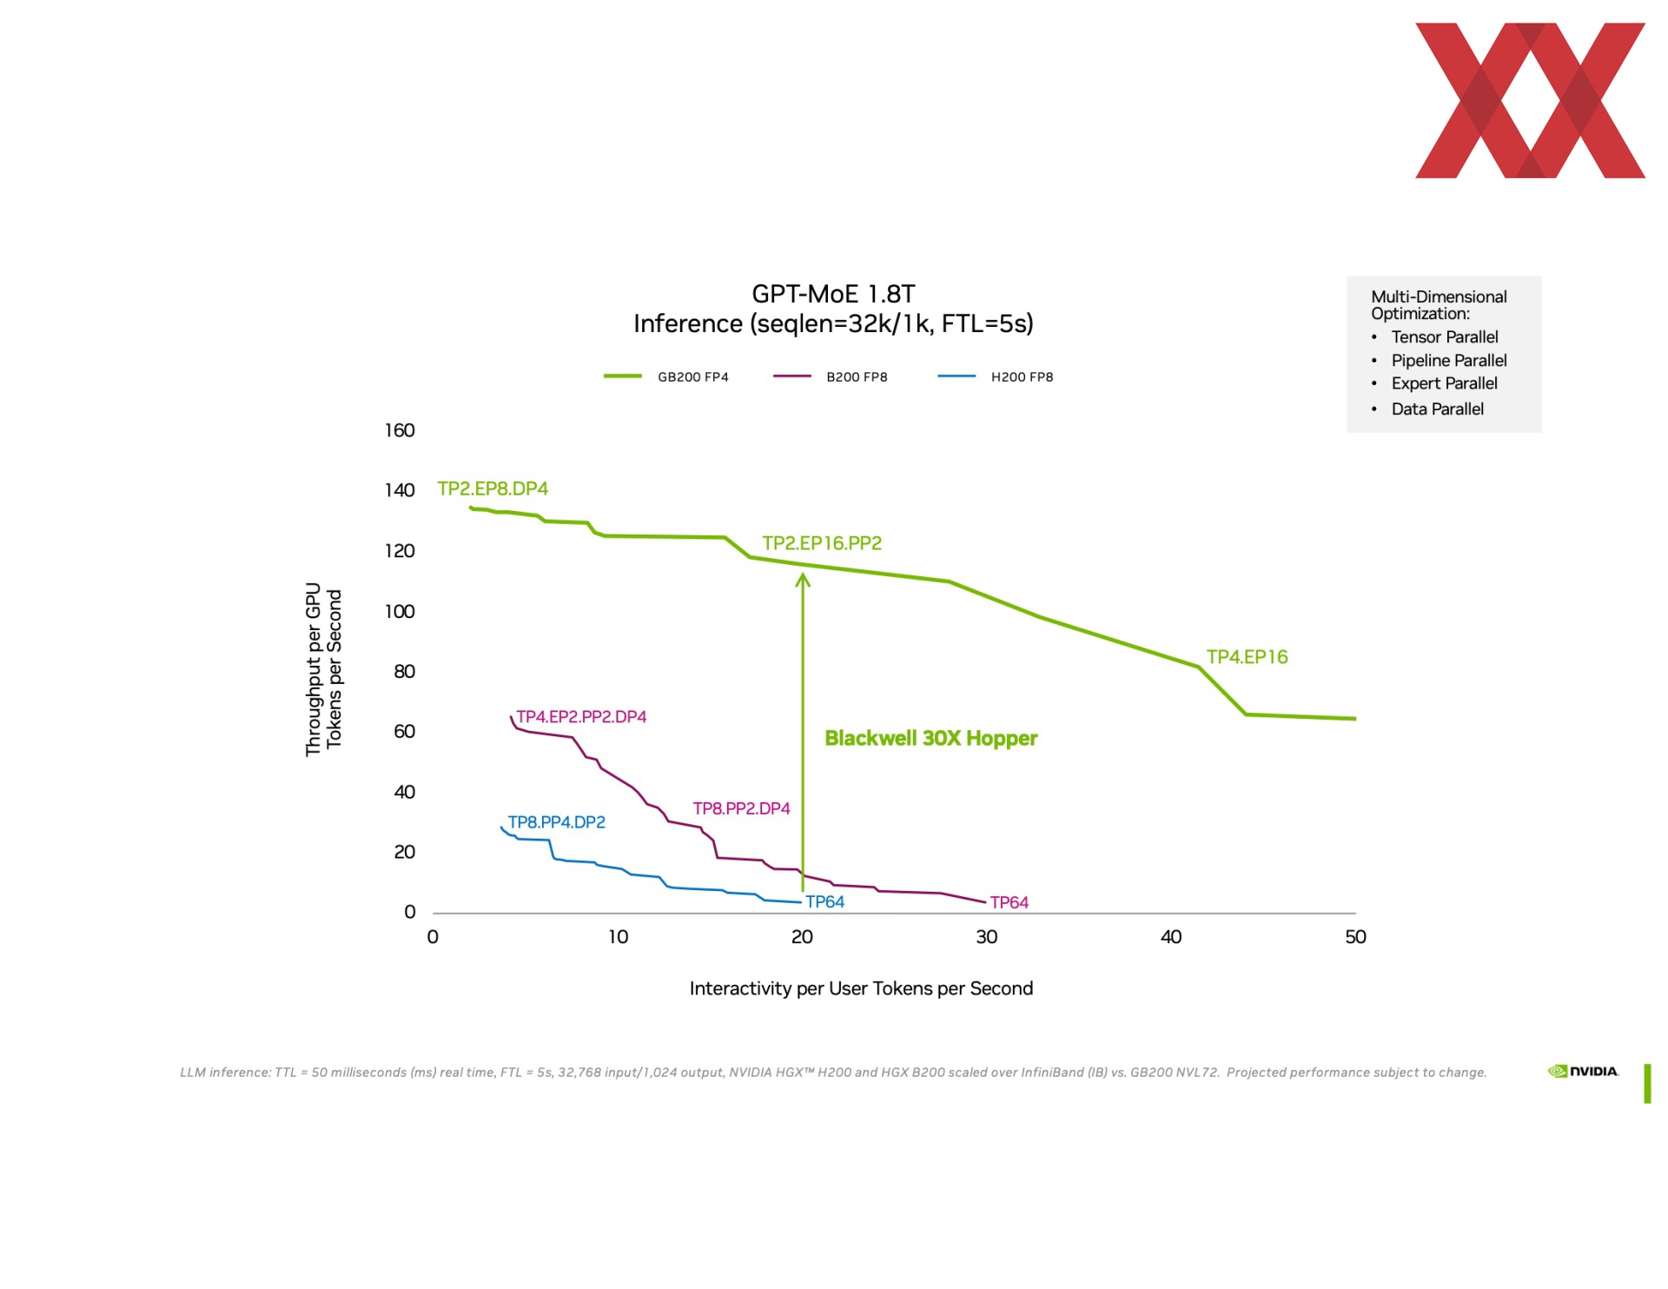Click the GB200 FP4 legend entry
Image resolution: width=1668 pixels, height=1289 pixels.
click(x=666, y=377)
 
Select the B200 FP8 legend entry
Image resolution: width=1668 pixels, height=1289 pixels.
click(x=831, y=377)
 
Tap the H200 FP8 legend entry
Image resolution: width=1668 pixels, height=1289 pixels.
click(x=996, y=377)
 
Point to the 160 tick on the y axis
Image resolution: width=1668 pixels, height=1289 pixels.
click(x=400, y=430)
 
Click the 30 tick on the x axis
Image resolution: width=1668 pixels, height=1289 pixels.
click(x=986, y=937)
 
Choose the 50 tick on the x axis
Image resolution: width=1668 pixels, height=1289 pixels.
click(x=1355, y=937)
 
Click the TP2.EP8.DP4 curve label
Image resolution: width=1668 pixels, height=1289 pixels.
click(x=493, y=488)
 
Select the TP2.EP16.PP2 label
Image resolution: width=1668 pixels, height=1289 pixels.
click(x=822, y=543)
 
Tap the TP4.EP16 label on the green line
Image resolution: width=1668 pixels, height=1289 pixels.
click(x=1247, y=657)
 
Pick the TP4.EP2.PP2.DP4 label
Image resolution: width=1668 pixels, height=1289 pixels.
click(x=581, y=717)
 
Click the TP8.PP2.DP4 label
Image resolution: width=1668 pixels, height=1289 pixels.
click(x=741, y=808)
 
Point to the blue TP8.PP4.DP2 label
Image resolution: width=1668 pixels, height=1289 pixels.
click(x=556, y=822)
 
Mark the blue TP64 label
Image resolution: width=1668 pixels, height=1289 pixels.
click(x=824, y=902)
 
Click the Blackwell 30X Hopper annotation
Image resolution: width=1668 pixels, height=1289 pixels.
click(x=931, y=738)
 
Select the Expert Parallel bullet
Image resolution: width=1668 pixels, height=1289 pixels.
click(x=1444, y=383)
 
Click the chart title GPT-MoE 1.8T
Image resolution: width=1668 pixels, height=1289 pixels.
click(x=833, y=294)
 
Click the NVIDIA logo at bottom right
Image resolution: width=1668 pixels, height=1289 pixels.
click(x=1583, y=1072)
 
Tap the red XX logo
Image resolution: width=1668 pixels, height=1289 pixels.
click(x=1530, y=101)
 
